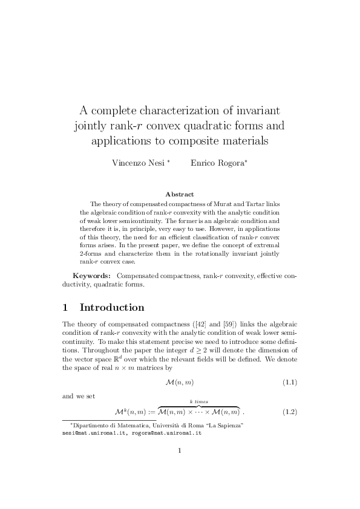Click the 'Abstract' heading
click(179, 194)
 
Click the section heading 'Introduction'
click(112, 308)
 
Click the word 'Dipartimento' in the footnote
click(93, 426)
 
